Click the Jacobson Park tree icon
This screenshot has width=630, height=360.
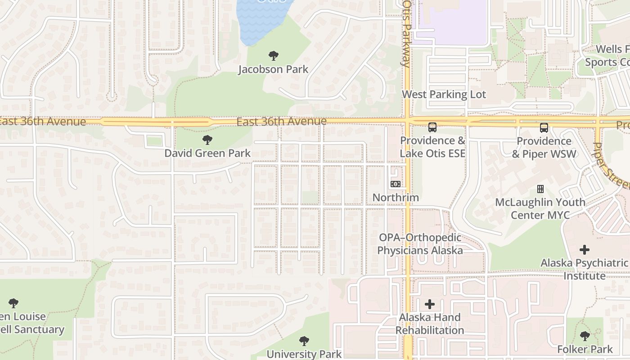pyautogui.click(x=273, y=56)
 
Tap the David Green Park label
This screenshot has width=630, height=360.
pyautogui.click(x=207, y=153)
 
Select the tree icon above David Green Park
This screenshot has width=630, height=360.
pyautogui.click(x=207, y=140)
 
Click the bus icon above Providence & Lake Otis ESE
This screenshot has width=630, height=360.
pyautogui.click(x=432, y=127)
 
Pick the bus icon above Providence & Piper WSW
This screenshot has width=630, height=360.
pyautogui.click(x=544, y=127)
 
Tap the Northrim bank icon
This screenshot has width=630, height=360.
pyautogui.click(x=396, y=184)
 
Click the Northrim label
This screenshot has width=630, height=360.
pyautogui.click(x=396, y=197)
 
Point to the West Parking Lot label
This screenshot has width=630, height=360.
pyautogui.click(x=444, y=94)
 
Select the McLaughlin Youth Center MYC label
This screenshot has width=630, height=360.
pyautogui.click(x=540, y=208)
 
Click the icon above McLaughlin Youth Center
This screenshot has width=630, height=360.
pyautogui.click(x=540, y=189)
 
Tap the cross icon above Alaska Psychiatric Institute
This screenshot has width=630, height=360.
pyautogui.click(x=585, y=249)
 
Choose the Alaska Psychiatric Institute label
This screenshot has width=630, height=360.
pyautogui.click(x=584, y=269)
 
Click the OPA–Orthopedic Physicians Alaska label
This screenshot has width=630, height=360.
pyautogui.click(x=420, y=244)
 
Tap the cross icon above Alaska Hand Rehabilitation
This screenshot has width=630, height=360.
pyautogui.click(x=430, y=304)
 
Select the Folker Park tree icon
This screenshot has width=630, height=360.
pyautogui.click(x=585, y=336)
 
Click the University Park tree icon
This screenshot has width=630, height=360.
pyautogui.click(x=304, y=341)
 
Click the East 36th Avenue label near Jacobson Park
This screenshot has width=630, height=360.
pyautogui.click(x=281, y=121)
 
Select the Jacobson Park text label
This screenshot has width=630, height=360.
pyautogui.click(x=273, y=69)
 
